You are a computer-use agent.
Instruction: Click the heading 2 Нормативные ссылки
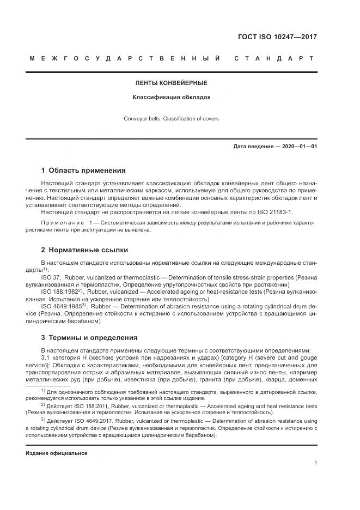(84, 250)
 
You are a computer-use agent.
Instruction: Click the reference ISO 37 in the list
(51, 277)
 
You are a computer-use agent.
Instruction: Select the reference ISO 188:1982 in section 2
(60, 292)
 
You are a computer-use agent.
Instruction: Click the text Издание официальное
(57, 453)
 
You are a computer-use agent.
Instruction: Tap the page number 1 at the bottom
(315, 464)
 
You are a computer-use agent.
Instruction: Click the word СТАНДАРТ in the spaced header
(273, 58)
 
